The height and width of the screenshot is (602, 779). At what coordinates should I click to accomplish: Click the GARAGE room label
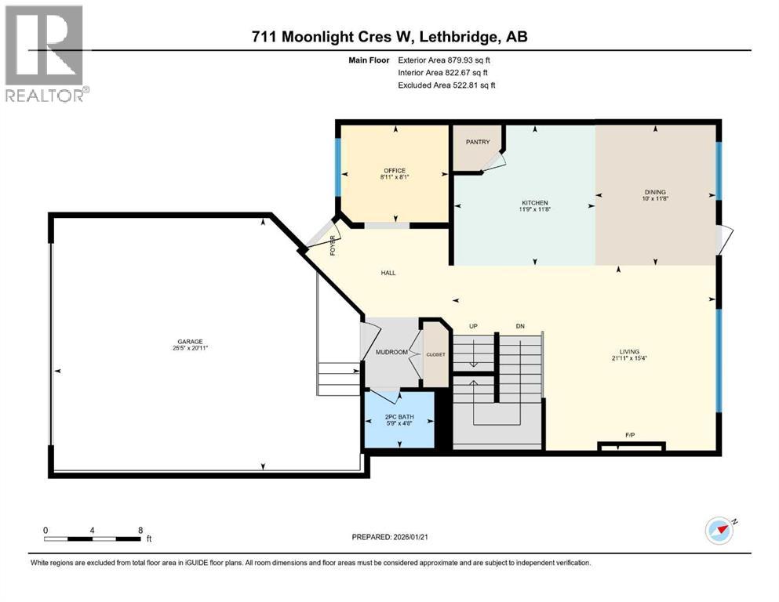pos(190,341)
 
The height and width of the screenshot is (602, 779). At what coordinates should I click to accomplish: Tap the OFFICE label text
pos(394,170)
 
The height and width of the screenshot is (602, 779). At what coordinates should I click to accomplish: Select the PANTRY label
pos(478,142)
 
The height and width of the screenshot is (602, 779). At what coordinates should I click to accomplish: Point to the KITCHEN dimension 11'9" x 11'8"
pos(534,210)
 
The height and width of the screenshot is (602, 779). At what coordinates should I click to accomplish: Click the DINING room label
pos(655,191)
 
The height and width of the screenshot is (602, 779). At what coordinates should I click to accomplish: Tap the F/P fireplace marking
pos(629,433)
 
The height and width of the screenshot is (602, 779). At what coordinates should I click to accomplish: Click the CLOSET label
pos(435,354)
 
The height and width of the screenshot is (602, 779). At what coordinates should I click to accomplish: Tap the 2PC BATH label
pos(399,417)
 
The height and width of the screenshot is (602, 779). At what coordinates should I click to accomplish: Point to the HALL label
pos(388,273)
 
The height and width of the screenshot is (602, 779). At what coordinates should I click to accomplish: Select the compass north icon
pos(719,531)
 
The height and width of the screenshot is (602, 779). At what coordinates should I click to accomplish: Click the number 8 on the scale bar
pos(140,530)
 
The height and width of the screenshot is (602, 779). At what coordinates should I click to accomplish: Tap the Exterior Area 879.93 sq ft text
pos(446,60)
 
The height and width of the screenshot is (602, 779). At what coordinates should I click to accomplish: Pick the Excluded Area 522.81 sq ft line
pos(446,85)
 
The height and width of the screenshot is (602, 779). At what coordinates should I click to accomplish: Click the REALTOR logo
pos(44,54)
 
